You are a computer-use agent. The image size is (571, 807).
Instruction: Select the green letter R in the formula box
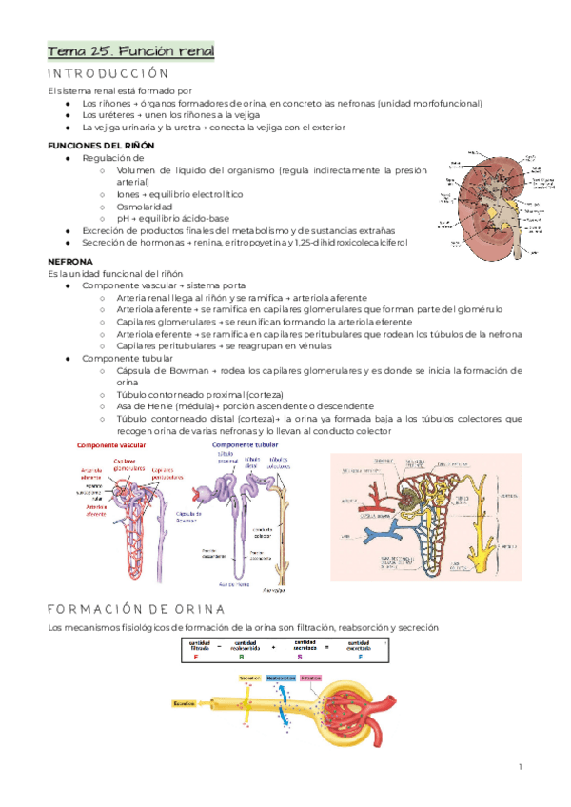pyautogui.click(x=242, y=657)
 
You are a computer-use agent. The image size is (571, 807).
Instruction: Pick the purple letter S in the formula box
pyautogui.click(x=299, y=657)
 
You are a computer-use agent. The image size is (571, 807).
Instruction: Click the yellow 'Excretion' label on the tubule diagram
pyautogui.click(x=185, y=704)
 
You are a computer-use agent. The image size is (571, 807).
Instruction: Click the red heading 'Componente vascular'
pyautogui.click(x=110, y=445)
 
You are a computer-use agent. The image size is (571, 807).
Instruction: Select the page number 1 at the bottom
pyautogui.click(x=522, y=767)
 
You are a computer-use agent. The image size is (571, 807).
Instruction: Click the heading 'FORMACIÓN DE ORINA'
pyautogui.click(x=134, y=608)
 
